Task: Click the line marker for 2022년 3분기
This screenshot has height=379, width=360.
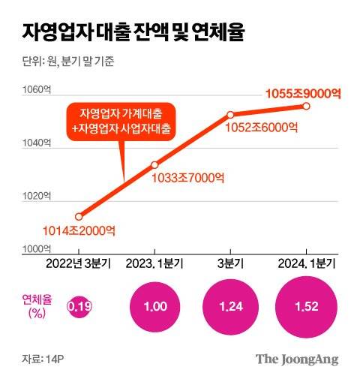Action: point(79,216)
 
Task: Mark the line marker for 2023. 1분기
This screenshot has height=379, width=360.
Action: point(154,164)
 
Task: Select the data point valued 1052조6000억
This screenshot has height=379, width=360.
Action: point(230,115)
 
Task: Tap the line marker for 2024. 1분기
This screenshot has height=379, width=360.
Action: point(306,106)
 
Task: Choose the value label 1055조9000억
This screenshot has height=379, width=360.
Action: point(303,93)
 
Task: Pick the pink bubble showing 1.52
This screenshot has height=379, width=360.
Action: point(305,306)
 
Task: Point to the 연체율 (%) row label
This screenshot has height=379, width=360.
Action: point(35,305)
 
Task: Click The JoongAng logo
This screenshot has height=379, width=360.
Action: point(297,359)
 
